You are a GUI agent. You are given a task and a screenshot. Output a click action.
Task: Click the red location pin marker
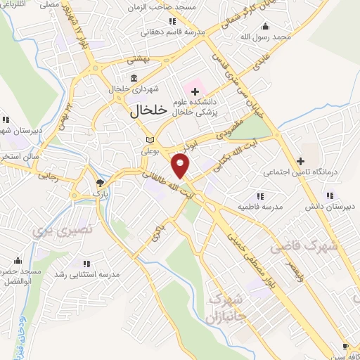tap(181, 167)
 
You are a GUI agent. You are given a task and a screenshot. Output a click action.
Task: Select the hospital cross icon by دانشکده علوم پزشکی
tap(195, 92)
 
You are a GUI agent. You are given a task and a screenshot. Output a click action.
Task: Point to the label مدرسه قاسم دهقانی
tap(154, 32)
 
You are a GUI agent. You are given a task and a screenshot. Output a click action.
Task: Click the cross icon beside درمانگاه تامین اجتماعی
tap(300, 161)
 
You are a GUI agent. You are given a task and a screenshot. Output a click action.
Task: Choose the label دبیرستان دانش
tap(328, 207)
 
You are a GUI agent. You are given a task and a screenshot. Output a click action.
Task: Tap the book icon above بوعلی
tap(148, 139)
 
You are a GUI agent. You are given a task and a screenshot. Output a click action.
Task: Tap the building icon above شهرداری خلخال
tap(134, 78)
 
